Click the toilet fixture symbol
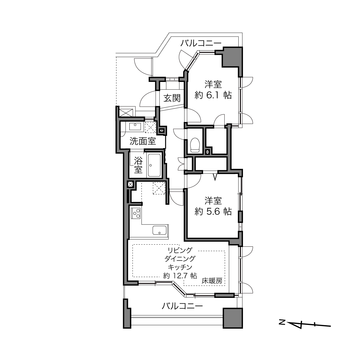(x=194, y=145)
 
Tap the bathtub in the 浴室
(x=154, y=165)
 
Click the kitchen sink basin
(x=159, y=230)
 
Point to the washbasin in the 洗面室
(x=135, y=127)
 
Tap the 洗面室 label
(x=143, y=141)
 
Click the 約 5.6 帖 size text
(x=213, y=212)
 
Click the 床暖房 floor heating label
(x=212, y=286)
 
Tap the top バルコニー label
(x=201, y=43)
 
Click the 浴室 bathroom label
(x=138, y=165)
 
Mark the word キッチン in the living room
(x=180, y=267)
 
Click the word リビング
(x=180, y=250)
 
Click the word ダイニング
(x=180, y=258)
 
